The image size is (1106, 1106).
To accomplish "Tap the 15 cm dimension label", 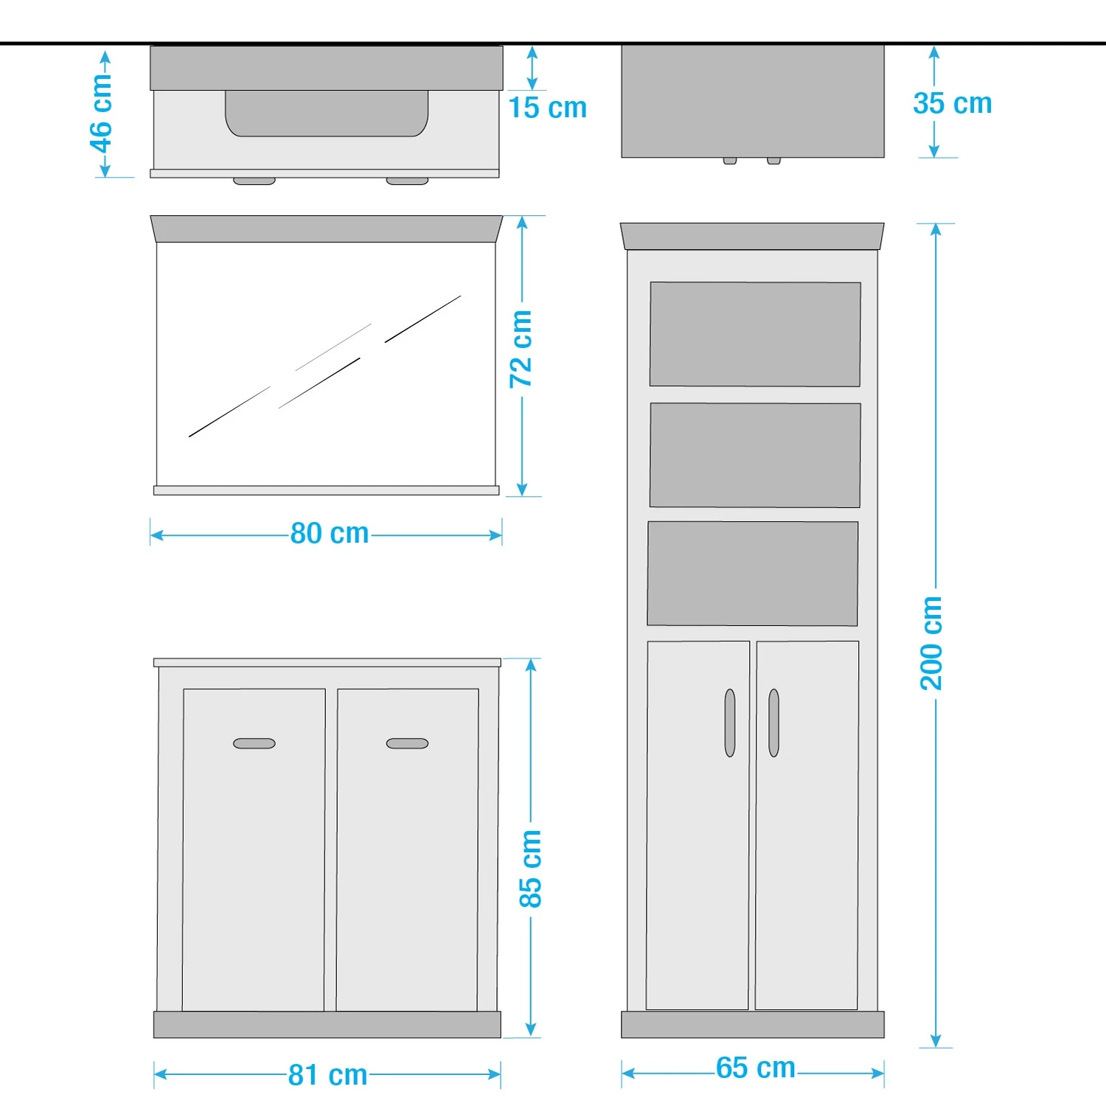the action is (x=548, y=108).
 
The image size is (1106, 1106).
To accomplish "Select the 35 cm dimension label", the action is (x=953, y=103).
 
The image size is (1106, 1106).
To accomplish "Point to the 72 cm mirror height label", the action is (x=521, y=349).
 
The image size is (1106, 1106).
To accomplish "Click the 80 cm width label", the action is (x=330, y=533).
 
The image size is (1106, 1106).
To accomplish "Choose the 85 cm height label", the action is (x=530, y=869).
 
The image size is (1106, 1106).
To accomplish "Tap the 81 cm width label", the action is (x=328, y=1075).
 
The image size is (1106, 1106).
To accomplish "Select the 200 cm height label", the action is (x=931, y=643).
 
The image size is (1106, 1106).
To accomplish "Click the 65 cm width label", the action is (x=756, y=1068).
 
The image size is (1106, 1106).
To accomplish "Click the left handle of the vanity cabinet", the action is (x=254, y=743).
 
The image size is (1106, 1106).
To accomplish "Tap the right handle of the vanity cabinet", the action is (x=407, y=743).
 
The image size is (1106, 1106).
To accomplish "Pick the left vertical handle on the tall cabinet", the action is (x=730, y=723).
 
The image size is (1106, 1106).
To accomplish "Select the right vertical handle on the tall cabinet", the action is (x=773, y=723).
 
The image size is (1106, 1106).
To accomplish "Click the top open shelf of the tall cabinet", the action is (x=755, y=334).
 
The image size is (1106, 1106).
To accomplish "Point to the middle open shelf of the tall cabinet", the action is (x=755, y=455).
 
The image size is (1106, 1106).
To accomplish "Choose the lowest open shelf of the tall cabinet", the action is (x=753, y=574).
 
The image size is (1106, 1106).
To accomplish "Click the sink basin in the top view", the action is (x=327, y=114).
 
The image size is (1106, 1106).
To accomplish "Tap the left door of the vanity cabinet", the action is (x=254, y=849).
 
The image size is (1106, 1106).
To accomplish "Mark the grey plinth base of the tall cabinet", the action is (x=753, y=1025).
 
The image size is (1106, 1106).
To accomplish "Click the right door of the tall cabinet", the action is (x=807, y=825).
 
